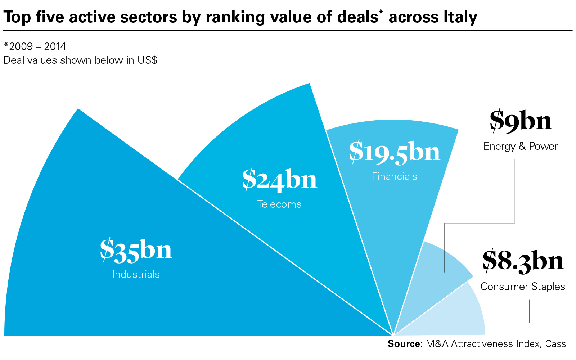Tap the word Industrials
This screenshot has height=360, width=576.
point(136,274)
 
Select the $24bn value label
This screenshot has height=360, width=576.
point(279,179)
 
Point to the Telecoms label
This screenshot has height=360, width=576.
point(279,204)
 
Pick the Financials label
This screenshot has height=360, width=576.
point(394,176)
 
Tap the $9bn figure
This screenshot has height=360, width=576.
point(521,121)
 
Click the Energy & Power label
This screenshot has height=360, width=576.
point(520,146)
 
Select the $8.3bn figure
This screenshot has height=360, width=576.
point(523,261)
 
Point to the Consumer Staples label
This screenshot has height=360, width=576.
point(523,287)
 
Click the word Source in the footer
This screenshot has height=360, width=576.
point(405,344)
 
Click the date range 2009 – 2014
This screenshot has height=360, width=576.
point(37,46)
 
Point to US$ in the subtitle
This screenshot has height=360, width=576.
point(147,60)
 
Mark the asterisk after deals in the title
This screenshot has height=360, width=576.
point(381,13)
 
